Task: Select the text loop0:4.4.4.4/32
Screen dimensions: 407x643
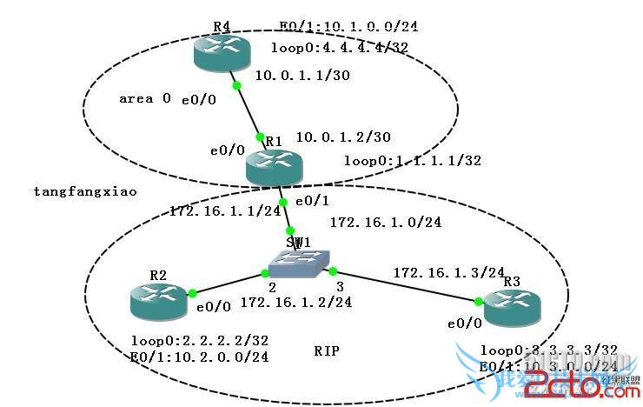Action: (x=340, y=48)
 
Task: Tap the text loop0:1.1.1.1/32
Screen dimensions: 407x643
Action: (x=413, y=160)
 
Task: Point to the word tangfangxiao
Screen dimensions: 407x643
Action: (x=74, y=190)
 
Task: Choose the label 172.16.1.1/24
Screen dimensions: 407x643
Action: (x=213, y=210)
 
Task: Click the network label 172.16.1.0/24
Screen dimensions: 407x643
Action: (x=386, y=222)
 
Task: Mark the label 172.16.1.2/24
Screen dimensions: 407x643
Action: (x=296, y=303)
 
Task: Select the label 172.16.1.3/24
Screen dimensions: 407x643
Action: (x=449, y=273)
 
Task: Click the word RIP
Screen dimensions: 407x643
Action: (x=327, y=351)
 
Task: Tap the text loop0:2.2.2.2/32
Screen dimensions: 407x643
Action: (x=199, y=340)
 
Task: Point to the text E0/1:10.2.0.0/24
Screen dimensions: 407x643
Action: (x=199, y=357)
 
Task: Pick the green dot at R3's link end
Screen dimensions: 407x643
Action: (x=478, y=301)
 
